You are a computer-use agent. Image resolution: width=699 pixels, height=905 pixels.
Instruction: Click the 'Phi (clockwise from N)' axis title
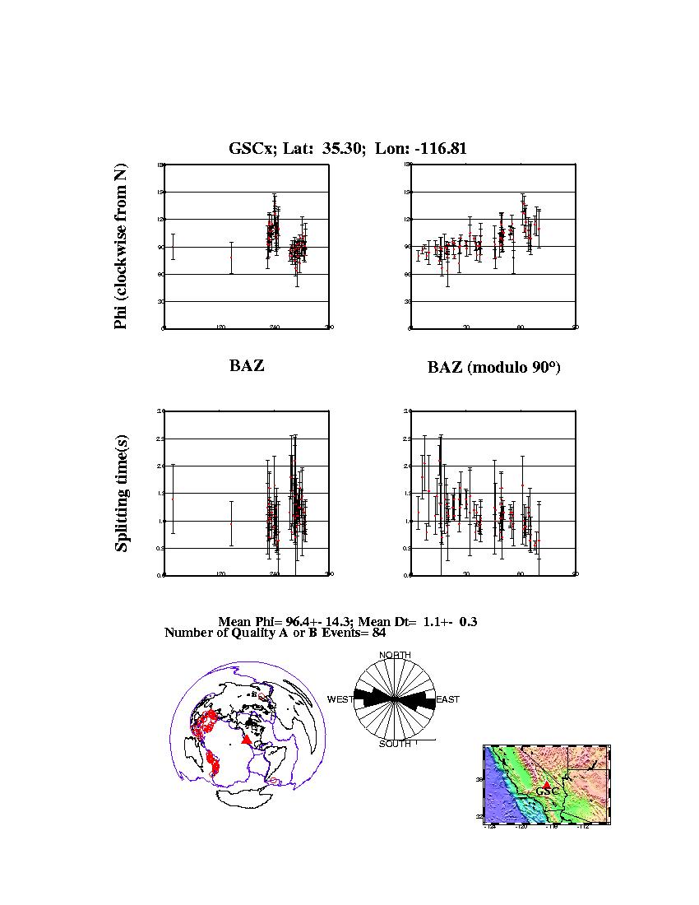[122, 247]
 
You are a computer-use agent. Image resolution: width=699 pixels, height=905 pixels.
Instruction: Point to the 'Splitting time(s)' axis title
[122, 493]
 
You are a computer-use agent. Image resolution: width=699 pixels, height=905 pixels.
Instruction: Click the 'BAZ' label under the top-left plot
[247, 366]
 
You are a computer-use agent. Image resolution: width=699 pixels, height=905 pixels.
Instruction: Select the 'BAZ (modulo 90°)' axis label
[493, 368]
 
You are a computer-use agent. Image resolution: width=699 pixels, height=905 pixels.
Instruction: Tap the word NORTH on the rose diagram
[395, 655]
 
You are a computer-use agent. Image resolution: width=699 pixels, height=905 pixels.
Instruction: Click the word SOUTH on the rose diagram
[395, 744]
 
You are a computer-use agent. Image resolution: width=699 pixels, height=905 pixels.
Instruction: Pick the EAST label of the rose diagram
[447, 699]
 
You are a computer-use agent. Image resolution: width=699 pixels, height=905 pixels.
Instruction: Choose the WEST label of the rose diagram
[340, 699]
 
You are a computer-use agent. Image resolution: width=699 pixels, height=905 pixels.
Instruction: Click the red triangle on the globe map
[246, 740]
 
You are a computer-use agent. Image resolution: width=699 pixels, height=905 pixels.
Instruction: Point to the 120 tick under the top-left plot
[220, 327]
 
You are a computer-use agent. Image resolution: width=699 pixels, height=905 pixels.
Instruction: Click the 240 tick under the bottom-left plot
[275, 574]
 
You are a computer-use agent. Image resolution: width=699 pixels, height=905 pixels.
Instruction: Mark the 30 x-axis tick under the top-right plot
[465, 327]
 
